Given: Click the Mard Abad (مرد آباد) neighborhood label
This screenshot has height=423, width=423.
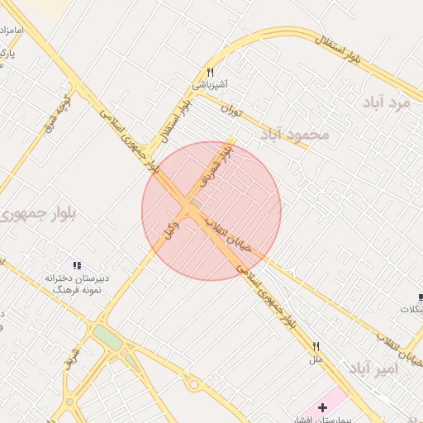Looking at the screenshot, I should (387, 102).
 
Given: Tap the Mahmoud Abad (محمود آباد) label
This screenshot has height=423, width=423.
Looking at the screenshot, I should (295, 134).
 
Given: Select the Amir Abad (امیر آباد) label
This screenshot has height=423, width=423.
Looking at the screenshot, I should (373, 368).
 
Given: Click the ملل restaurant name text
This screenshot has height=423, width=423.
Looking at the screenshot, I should (315, 359).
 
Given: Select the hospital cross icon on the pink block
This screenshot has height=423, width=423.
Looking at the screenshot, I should (322, 407).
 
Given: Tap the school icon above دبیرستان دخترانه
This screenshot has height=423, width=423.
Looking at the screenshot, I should (77, 265).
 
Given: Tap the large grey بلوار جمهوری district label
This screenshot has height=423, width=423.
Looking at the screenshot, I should (40, 213).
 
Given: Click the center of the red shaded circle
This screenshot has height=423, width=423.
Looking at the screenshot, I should (211, 211).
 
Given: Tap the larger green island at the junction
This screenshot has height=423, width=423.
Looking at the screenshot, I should (107, 336).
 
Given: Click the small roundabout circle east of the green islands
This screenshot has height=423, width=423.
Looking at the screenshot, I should (195, 385).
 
